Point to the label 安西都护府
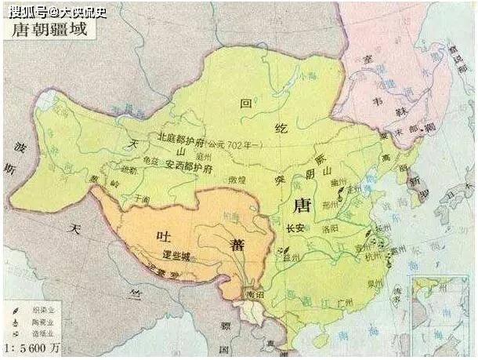coord(195,166)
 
